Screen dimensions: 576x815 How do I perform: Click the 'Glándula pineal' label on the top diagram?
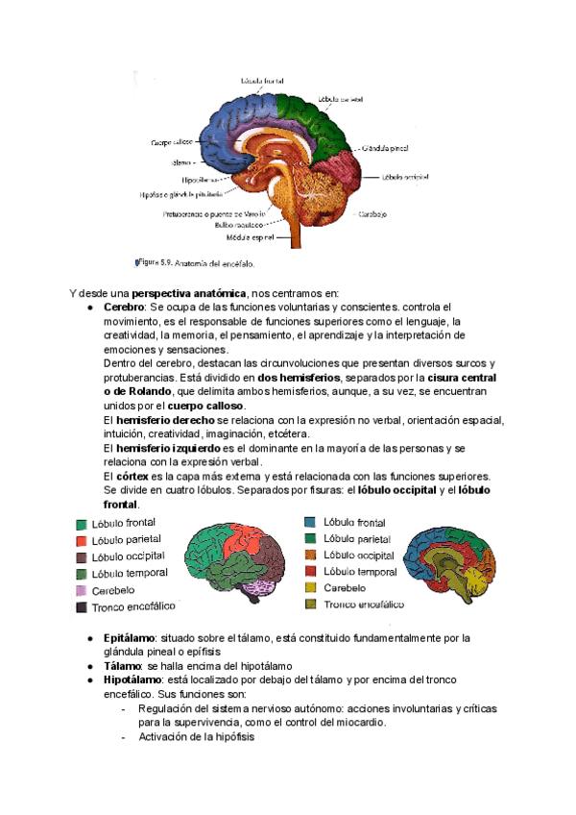(386, 149)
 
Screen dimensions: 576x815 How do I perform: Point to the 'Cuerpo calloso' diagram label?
(172, 142)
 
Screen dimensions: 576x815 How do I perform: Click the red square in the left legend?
(83, 540)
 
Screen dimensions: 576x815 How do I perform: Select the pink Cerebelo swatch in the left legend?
(83, 590)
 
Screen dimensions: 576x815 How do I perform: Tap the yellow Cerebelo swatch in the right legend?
(310, 587)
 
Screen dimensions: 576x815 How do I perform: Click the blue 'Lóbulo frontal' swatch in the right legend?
(310, 522)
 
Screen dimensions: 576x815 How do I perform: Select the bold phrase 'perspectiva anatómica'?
(189, 293)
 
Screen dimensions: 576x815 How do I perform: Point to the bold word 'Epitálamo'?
(129, 637)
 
